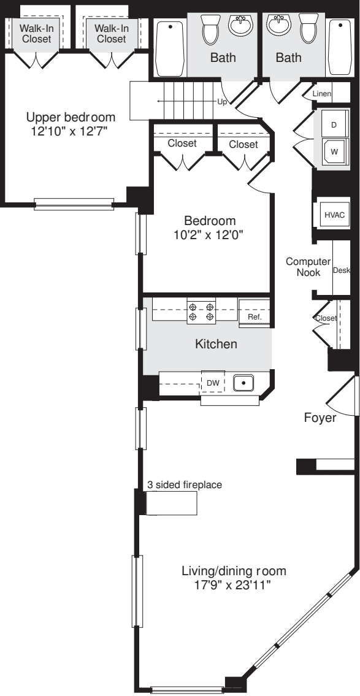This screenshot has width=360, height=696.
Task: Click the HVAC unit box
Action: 335,215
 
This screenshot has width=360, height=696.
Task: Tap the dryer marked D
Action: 334,125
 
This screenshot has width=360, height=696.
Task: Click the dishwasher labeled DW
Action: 213,383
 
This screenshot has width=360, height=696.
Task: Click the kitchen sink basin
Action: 244,383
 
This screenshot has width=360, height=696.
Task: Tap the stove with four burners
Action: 202,311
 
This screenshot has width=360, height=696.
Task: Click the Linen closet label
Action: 322,94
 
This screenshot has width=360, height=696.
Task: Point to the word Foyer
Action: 320,418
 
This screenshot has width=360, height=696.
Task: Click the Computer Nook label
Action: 308,267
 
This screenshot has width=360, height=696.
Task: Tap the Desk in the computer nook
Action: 340,270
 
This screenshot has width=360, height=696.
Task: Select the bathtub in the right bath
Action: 339,47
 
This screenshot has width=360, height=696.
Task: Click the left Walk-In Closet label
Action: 36,34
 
